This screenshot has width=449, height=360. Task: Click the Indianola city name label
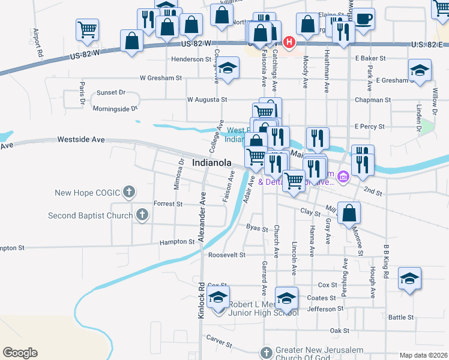point(211,163)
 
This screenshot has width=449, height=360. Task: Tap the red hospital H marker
point(289,42)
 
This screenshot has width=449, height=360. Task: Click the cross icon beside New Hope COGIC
point(128,193)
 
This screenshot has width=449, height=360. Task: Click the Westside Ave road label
point(81,139)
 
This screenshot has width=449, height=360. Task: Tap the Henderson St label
point(193,59)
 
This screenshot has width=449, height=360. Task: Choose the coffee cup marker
point(363,19)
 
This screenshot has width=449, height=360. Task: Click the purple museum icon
point(343,177)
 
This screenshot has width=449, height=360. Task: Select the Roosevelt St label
point(227,255)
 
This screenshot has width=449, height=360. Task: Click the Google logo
point(20,353)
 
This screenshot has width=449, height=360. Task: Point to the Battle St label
point(401,317)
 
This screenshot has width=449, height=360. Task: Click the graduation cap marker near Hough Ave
point(409,278)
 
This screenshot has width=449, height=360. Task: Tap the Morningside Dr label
point(115,109)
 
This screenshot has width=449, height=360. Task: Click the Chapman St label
point(372,100)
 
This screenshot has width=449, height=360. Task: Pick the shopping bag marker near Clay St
point(350,213)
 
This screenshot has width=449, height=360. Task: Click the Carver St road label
point(219,342)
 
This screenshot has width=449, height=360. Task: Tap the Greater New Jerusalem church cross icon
point(267,351)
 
